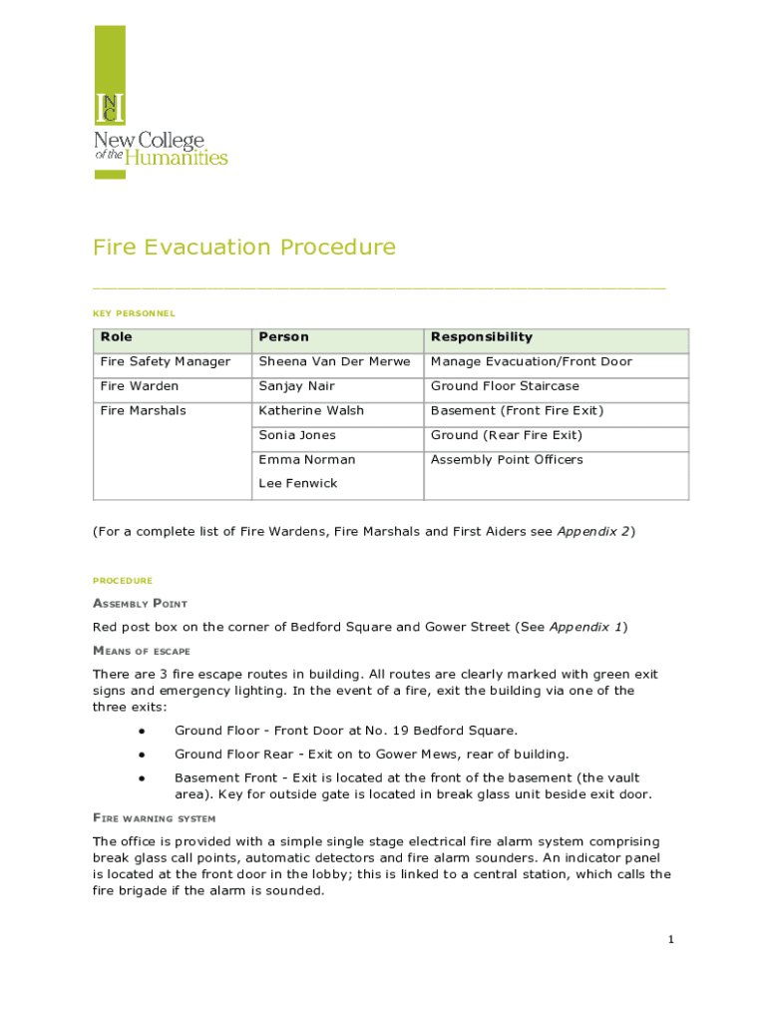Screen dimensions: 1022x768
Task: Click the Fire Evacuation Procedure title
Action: tap(244, 248)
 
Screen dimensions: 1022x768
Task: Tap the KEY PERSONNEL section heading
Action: tap(134, 313)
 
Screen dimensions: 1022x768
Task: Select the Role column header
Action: tap(116, 337)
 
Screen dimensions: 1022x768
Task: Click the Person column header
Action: tap(283, 337)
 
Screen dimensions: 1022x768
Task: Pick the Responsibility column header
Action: tap(481, 337)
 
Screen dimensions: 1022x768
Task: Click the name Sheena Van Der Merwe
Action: tap(334, 361)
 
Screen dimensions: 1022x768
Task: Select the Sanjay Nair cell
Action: tap(296, 386)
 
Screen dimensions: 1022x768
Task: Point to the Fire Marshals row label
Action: tap(143, 410)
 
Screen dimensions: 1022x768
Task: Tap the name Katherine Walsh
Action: tap(311, 410)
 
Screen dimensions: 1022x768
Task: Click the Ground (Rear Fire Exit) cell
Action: tap(506, 435)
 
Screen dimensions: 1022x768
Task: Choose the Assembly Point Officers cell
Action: tap(507, 460)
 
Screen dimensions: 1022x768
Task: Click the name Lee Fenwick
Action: tap(297, 483)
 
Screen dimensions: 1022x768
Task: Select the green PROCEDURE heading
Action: tap(123, 581)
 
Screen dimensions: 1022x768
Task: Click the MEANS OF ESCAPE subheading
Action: tap(141, 651)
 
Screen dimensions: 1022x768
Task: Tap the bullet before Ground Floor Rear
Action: tap(143, 755)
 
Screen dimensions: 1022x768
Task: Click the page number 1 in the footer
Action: tap(671, 939)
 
